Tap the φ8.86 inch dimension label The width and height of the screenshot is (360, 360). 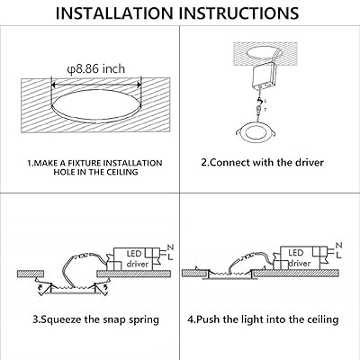[90, 69]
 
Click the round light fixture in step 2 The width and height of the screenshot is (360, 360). [267, 138]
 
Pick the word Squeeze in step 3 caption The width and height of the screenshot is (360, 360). [63, 319]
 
